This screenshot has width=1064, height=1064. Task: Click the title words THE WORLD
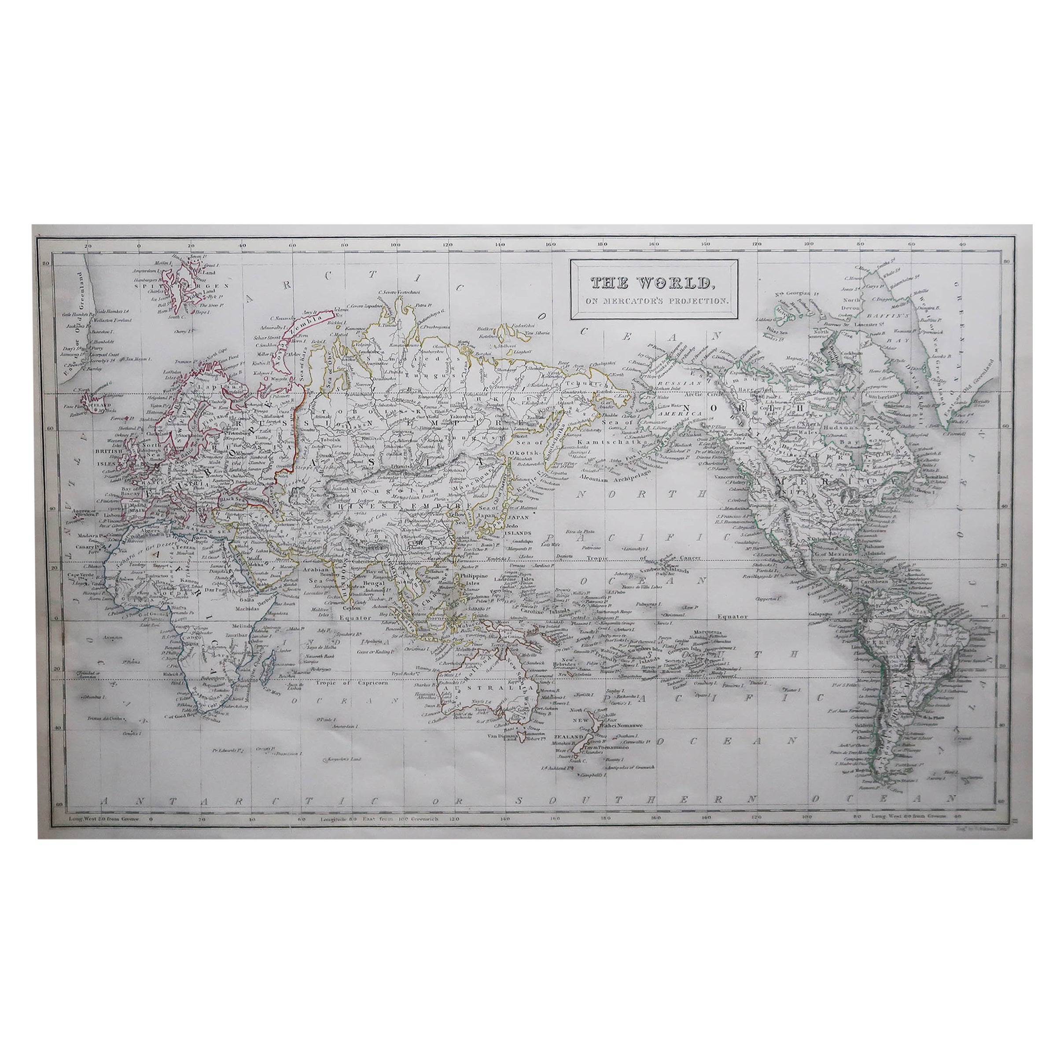click(x=650, y=283)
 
